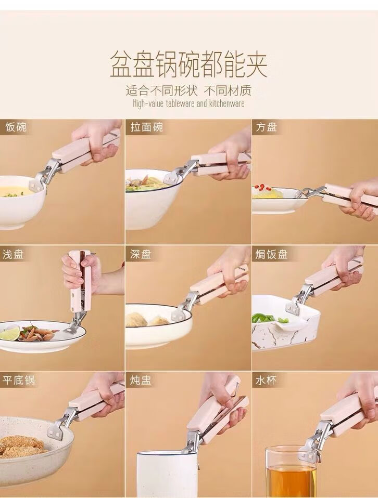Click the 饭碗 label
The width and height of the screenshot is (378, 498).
(16, 127)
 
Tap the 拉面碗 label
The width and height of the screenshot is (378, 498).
(147, 127)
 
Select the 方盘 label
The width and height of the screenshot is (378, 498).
(267, 127)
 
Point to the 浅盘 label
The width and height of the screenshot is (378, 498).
(13, 254)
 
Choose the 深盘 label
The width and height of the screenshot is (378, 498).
(141, 254)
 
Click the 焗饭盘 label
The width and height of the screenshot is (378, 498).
(271, 254)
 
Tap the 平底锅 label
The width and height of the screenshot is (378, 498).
(19, 380)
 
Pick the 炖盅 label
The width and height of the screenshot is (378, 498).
(141, 380)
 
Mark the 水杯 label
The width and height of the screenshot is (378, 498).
(267, 380)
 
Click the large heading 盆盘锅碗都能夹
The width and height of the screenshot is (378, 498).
(188, 65)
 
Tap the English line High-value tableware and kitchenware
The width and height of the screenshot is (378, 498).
(188, 103)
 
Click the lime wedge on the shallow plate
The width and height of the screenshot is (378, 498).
(10, 334)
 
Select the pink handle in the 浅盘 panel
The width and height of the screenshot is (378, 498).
(80, 280)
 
